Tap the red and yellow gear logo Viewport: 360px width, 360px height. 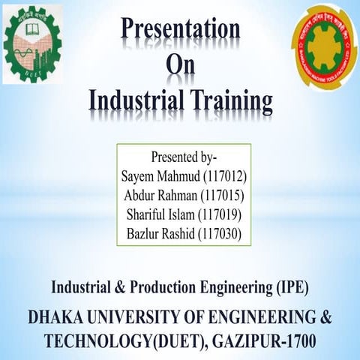click(323, 46)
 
